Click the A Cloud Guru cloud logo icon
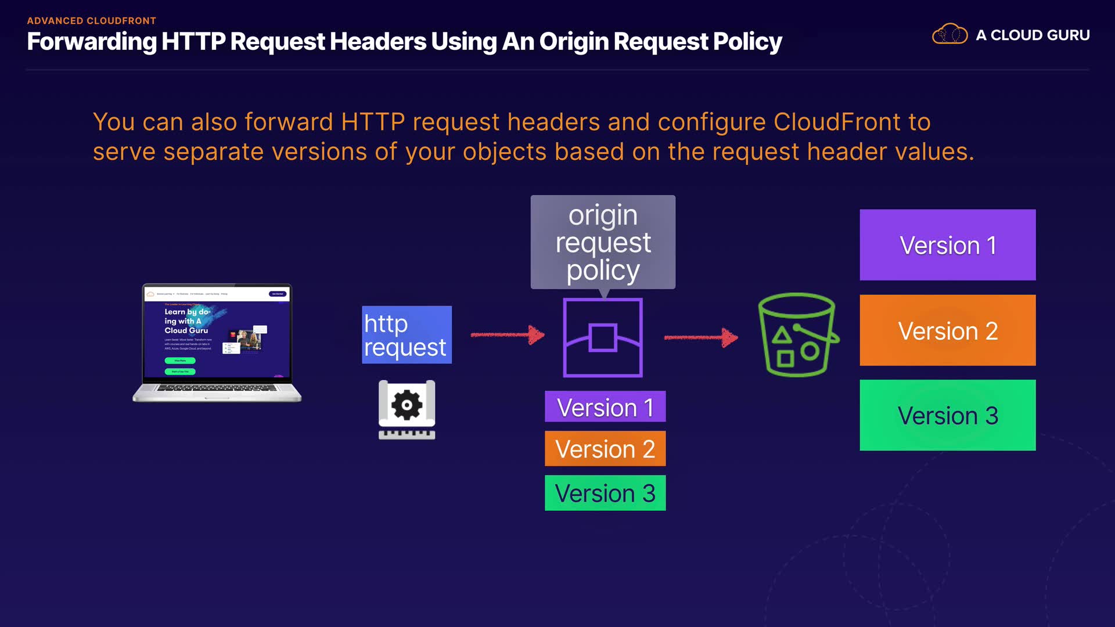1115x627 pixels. pos(949,35)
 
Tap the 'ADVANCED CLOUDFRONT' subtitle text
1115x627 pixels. pos(91,21)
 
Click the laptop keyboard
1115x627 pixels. pos(217,388)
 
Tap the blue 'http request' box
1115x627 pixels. pos(407,335)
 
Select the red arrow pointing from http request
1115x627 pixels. pos(507,334)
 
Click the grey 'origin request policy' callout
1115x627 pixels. pos(603,242)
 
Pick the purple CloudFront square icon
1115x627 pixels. pos(603,338)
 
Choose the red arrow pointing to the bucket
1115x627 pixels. pos(701,337)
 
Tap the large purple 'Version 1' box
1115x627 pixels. pos(947,245)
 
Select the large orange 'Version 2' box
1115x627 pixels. pos(947,330)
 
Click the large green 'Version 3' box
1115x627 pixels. pos(947,415)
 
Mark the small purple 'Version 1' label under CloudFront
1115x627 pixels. pos(605,407)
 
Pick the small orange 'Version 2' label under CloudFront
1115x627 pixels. pos(605,448)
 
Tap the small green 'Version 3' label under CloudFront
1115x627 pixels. pos(605,493)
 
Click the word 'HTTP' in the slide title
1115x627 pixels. pos(193,42)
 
